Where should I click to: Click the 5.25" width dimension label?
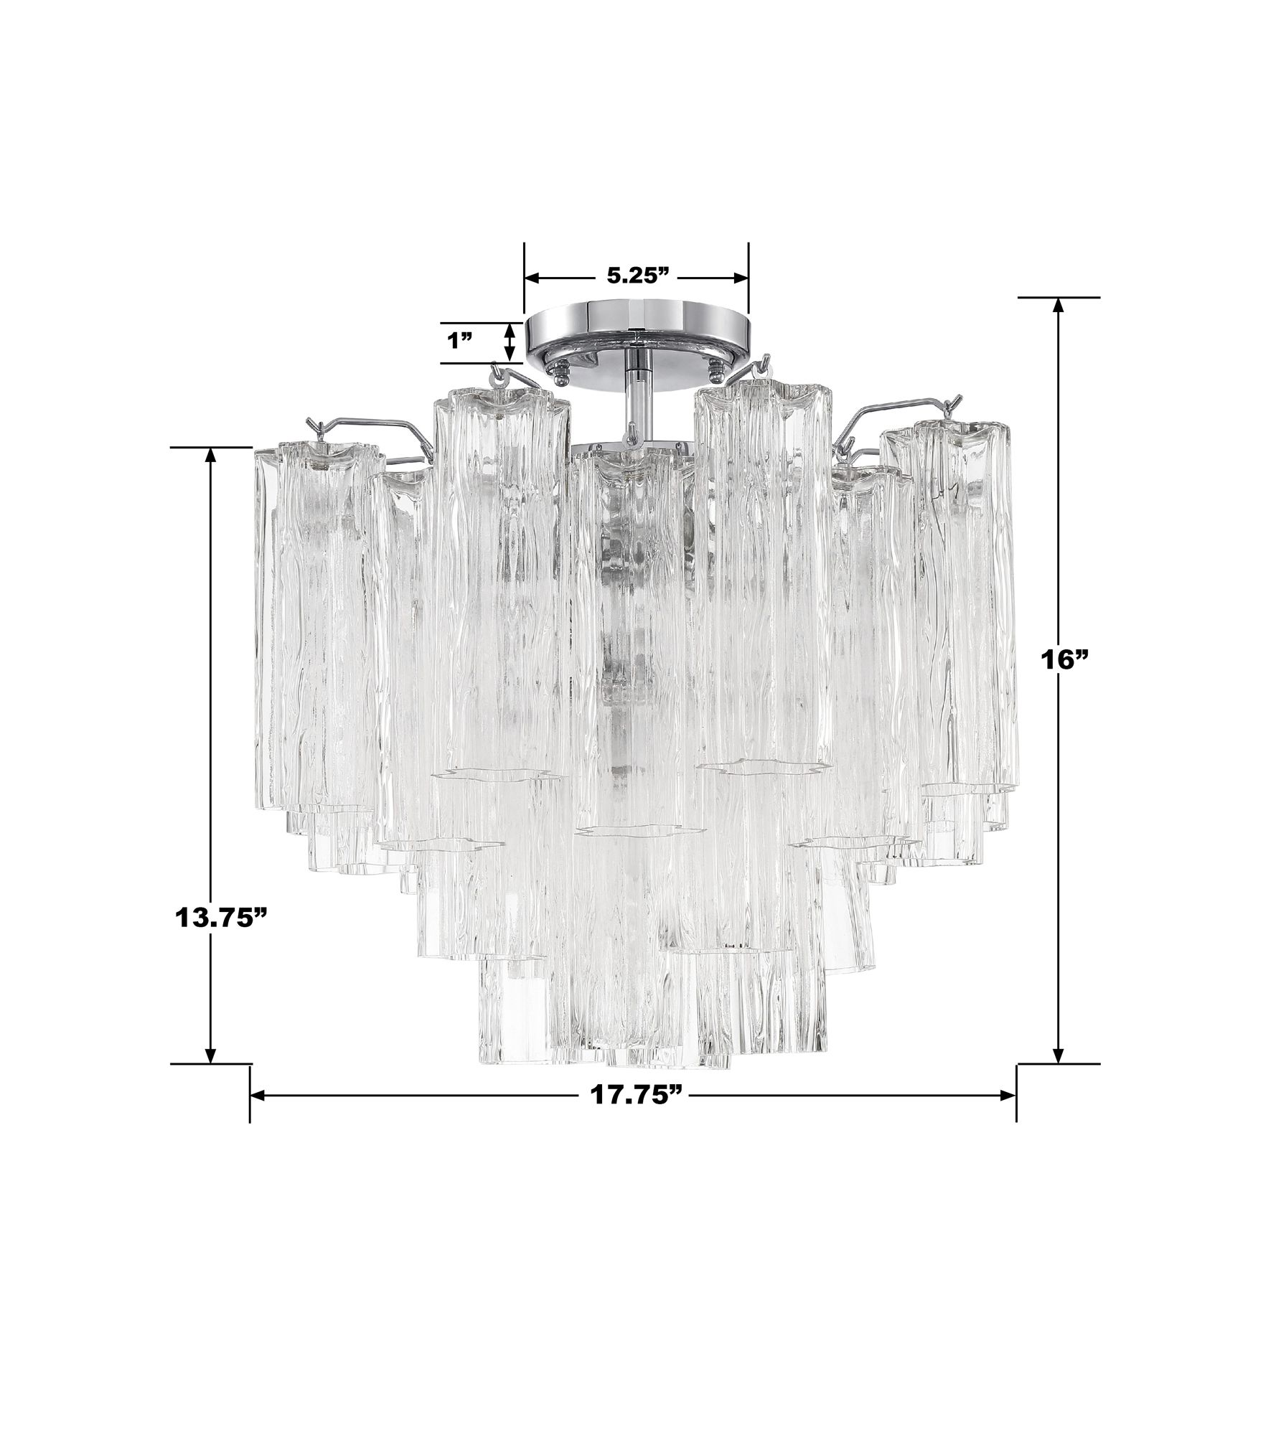click(x=637, y=277)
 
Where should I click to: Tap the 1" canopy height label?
click(x=464, y=342)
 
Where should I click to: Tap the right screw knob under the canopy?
click(x=716, y=370)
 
